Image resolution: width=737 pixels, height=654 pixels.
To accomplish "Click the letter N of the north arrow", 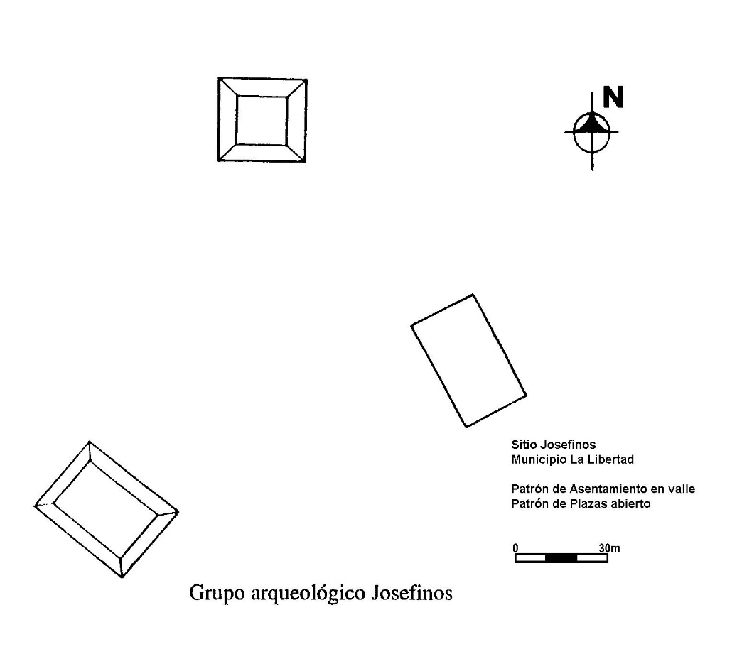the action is (613, 97).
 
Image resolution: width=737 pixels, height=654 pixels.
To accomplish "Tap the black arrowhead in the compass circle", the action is (592, 124).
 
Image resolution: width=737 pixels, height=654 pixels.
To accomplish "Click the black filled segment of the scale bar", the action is (561, 558).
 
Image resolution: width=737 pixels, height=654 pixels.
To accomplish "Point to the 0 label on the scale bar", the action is (516, 548).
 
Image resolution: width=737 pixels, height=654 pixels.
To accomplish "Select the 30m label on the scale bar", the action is (609, 548).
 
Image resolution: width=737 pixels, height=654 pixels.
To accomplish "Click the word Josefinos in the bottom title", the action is (411, 592).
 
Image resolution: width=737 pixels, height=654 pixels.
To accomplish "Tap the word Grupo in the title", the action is (217, 594).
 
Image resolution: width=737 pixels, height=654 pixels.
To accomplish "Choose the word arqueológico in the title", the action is (308, 594).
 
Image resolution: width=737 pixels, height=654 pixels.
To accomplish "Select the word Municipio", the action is (539, 459).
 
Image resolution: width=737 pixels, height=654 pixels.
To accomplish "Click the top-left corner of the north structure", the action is (219, 78).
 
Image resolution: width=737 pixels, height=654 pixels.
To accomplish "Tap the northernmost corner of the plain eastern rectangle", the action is (473, 295).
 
